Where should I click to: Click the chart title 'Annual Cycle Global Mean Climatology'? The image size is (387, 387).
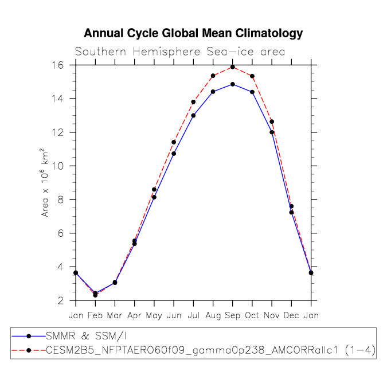(x=193, y=33)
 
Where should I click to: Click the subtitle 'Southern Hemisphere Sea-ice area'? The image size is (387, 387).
(x=180, y=52)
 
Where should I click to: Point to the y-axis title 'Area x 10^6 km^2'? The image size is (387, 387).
(x=45, y=183)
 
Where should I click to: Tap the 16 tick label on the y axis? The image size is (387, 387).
(x=57, y=65)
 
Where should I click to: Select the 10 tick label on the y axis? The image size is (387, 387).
(x=57, y=166)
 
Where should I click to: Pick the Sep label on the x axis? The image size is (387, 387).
(x=232, y=315)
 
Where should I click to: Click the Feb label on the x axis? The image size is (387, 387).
(x=95, y=315)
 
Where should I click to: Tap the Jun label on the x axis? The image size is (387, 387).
(x=173, y=315)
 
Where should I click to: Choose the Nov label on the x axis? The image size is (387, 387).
(x=272, y=315)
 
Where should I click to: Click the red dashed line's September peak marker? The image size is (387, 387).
(x=232, y=67)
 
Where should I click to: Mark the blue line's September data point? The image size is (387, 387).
(x=232, y=84)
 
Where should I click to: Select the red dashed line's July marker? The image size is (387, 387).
(x=193, y=102)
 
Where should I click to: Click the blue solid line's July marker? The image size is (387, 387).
(x=193, y=115)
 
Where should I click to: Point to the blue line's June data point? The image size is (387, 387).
(x=174, y=154)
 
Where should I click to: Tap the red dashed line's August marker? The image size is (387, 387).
(x=213, y=76)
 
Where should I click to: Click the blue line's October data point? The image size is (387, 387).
(x=252, y=92)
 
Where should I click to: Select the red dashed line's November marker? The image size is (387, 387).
(x=272, y=122)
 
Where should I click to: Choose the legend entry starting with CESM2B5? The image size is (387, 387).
(x=210, y=349)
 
